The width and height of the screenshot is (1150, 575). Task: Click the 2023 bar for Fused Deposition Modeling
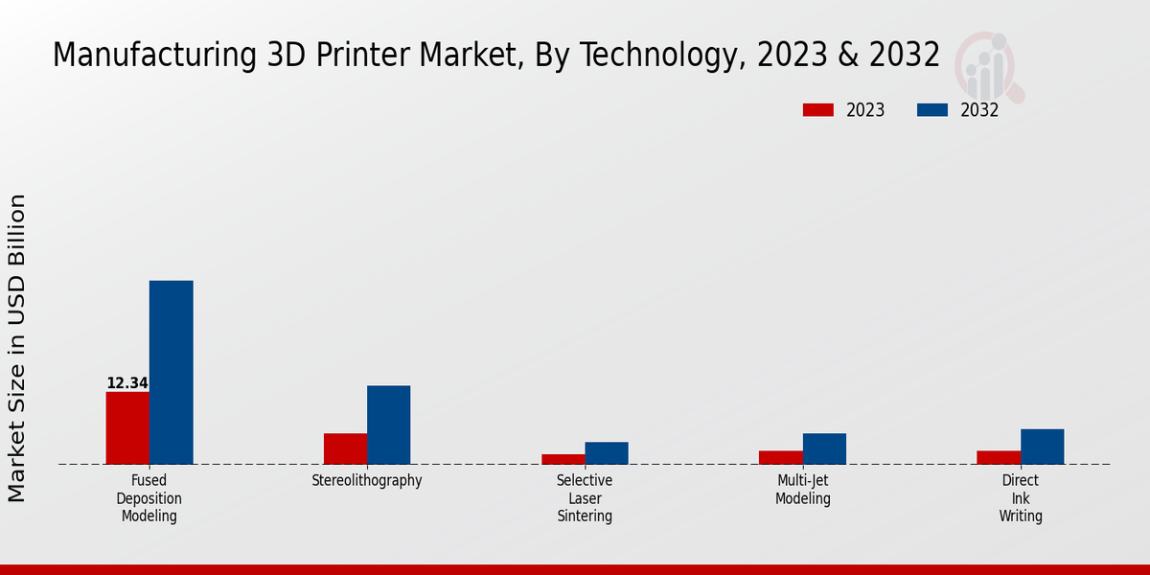tap(127, 427)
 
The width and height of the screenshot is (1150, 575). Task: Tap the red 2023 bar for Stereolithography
tap(345, 448)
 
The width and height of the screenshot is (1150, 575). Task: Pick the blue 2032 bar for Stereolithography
tap(388, 425)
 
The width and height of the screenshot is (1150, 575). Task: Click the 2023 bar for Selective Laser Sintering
tap(563, 459)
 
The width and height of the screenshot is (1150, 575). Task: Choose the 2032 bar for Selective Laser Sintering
tap(607, 452)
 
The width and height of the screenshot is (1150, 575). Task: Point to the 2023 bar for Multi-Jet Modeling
tap(780, 457)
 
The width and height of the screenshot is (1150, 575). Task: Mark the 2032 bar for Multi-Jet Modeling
tap(824, 448)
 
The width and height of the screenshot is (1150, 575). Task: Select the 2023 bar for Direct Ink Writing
tap(998, 457)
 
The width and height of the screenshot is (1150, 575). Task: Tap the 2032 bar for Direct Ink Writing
tap(1042, 447)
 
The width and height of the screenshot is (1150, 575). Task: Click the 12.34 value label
tap(127, 383)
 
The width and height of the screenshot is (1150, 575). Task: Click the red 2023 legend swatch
tap(817, 110)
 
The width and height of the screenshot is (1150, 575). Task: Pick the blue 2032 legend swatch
tap(931, 110)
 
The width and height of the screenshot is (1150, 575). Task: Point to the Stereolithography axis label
tap(367, 481)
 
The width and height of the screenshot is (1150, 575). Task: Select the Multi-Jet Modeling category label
tap(803, 490)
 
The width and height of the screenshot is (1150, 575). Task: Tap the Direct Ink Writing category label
tap(1021, 498)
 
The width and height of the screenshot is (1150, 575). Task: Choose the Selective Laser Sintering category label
tap(585, 498)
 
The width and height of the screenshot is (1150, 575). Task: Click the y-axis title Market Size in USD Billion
tap(17, 348)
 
